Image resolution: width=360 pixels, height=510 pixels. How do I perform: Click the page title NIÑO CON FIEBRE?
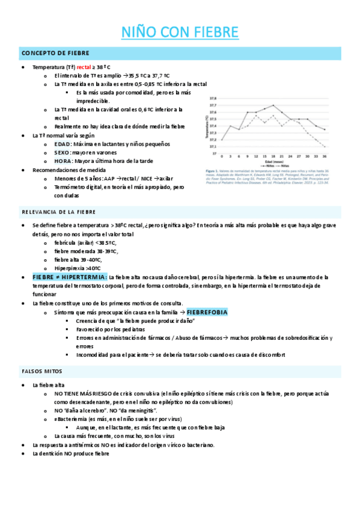coord(180,32)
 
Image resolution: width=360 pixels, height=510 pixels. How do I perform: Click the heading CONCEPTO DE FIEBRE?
coord(47,54)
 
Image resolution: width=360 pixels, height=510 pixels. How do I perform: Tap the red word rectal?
coord(84,67)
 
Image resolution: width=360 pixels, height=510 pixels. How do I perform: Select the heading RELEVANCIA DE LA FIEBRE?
coord(58,212)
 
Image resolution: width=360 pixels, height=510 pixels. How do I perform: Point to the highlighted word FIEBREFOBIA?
coord(207,313)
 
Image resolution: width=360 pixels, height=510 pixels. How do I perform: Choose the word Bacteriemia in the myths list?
coord(75,419)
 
